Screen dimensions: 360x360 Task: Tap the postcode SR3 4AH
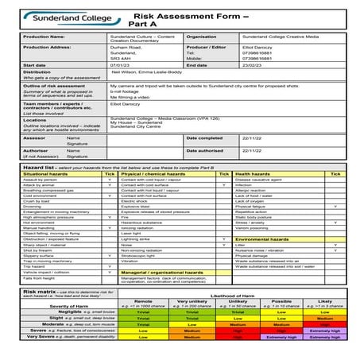pyautogui.click(x=118, y=58)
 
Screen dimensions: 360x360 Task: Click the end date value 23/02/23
pyautogui.click(x=254, y=64)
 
